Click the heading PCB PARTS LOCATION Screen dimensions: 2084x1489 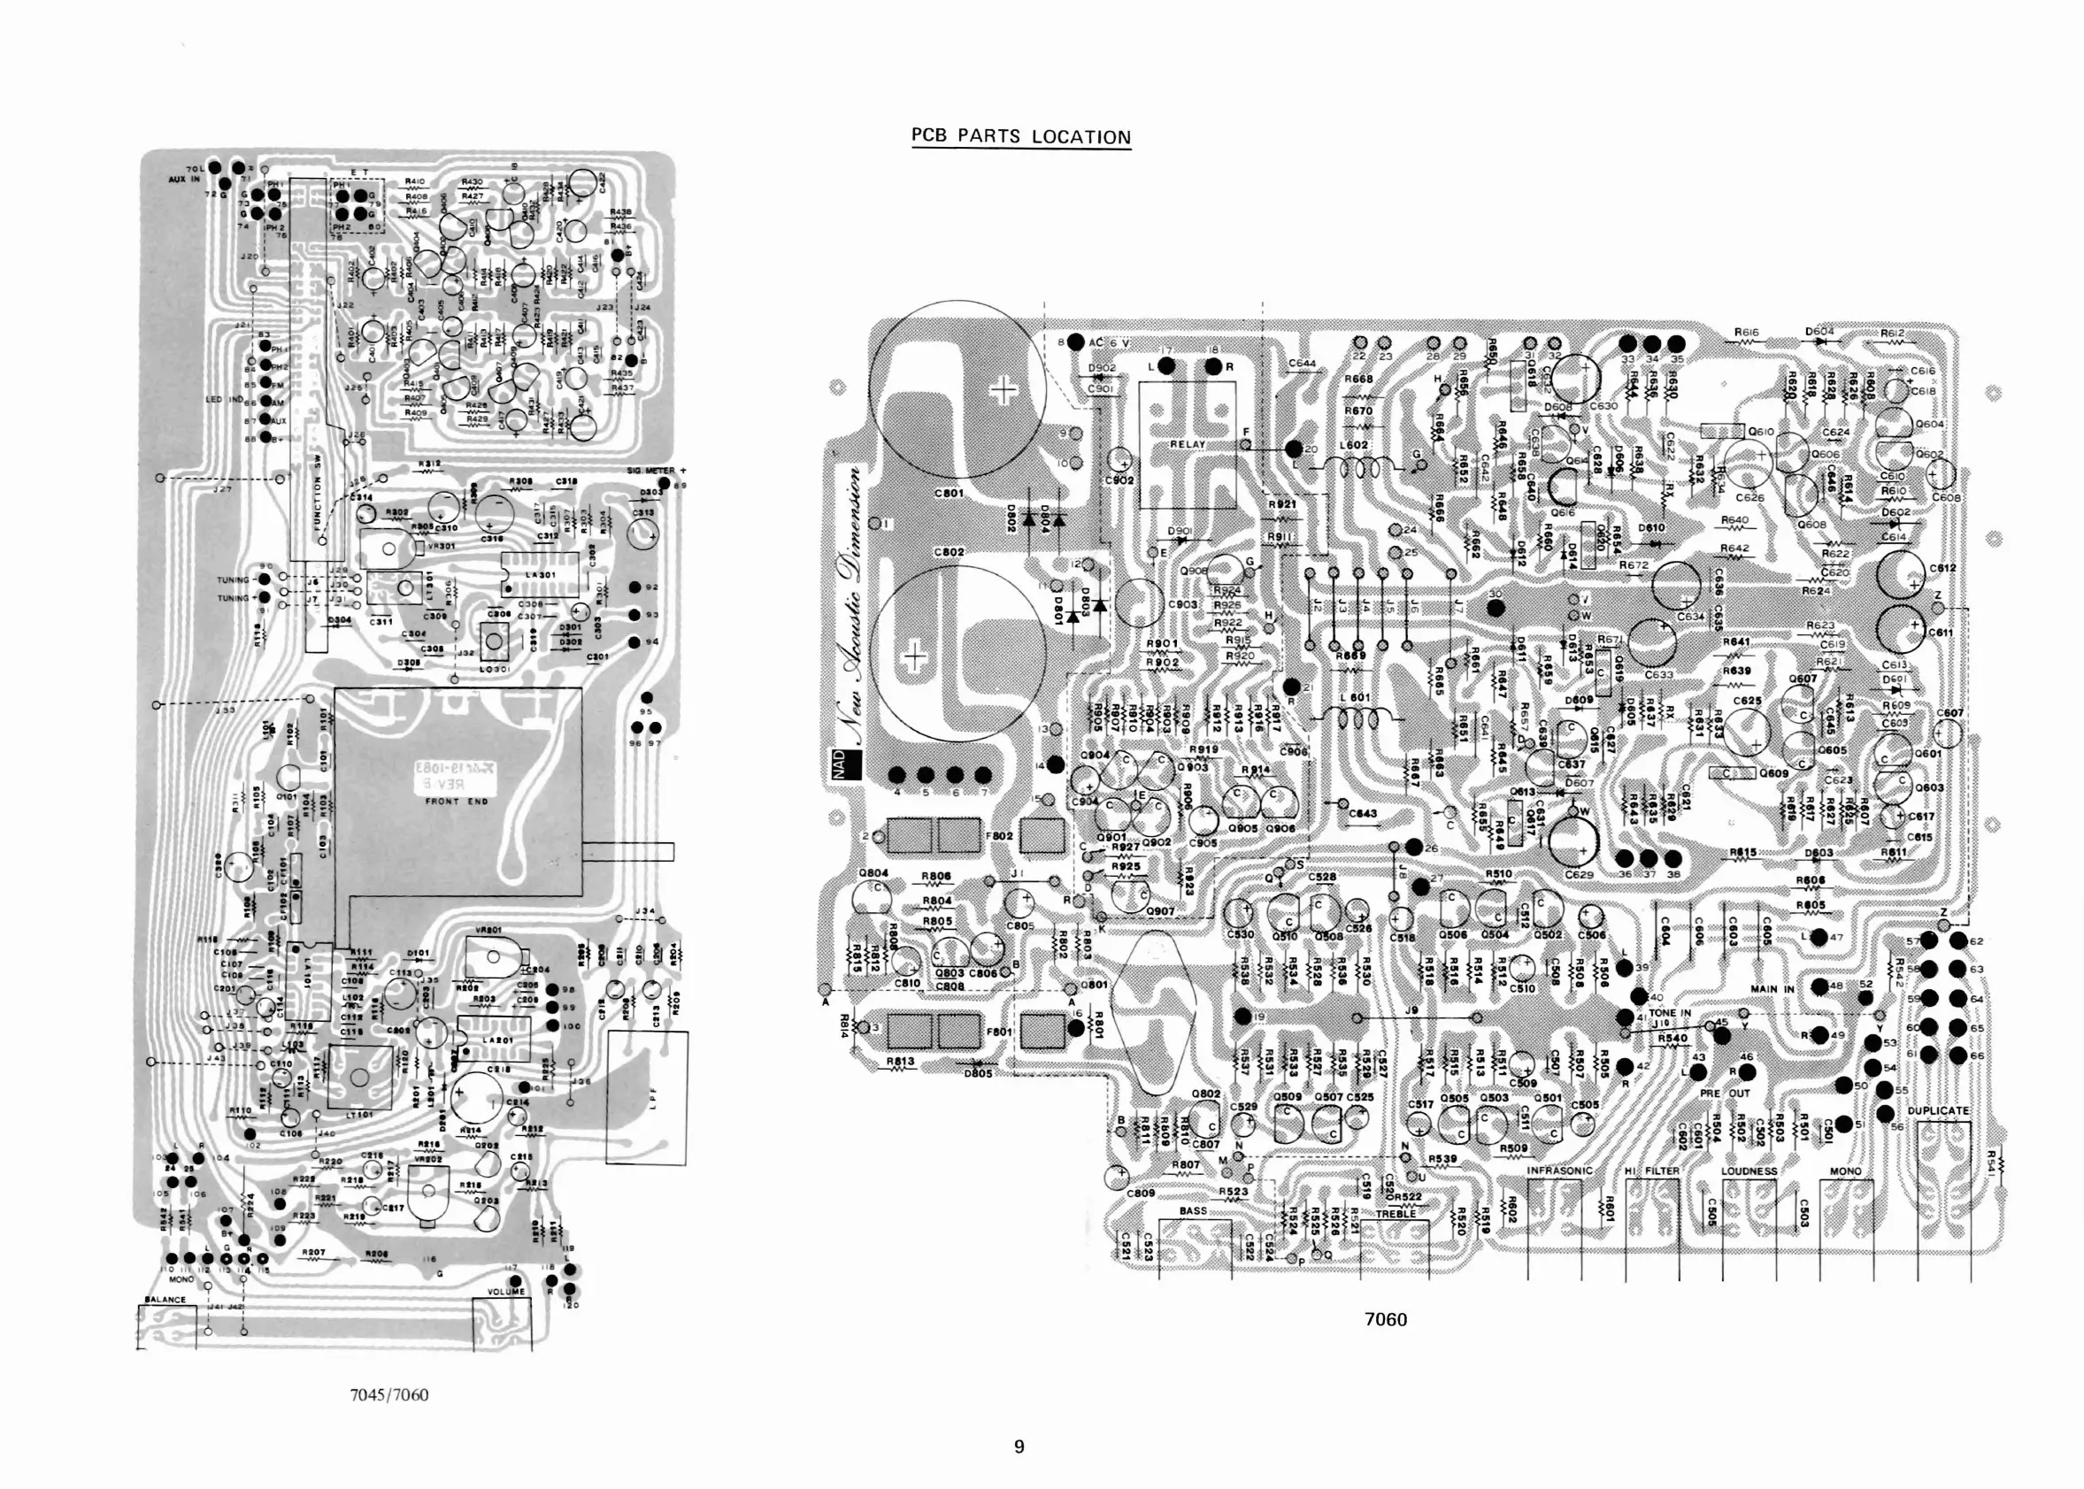click(x=1020, y=136)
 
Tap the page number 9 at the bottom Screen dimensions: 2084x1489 click(x=1019, y=1447)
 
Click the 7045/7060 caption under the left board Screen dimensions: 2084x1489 click(x=388, y=1394)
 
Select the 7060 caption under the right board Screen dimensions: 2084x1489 click(x=1386, y=1319)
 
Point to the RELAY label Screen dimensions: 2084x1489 click(x=1188, y=444)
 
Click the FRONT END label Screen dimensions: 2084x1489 click(x=457, y=802)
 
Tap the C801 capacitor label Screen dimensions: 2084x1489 click(x=949, y=494)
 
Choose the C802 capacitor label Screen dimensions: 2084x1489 click(x=949, y=552)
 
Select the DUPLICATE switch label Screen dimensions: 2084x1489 click(x=1938, y=1110)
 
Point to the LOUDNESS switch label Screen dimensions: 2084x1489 click(x=1749, y=1170)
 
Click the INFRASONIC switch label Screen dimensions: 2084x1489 click(x=1559, y=1170)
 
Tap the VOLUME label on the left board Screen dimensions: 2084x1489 click(x=505, y=1292)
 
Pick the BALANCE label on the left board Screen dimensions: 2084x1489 click(x=165, y=1299)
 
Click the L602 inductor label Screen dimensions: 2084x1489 click(x=1353, y=446)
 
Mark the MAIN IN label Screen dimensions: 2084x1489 click(x=1772, y=989)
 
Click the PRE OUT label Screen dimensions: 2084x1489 click(x=1725, y=1094)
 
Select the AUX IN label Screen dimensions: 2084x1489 click(x=183, y=180)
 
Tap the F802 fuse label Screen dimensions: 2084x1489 click(x=998, y=836)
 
